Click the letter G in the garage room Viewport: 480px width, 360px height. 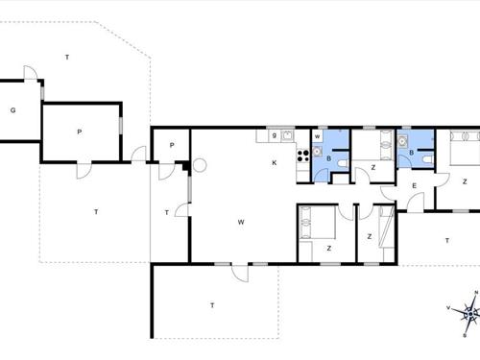pyautogui.click(x=12, y=110)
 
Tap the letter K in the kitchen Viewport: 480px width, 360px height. pyautogui.click(x=274, y=163)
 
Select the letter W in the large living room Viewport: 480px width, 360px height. pyautogui.click(x=241, y=222)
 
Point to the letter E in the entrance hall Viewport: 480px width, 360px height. pyautogui.click(x=414, y=185)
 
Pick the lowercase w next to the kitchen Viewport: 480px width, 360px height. pyautogui.click(x=316, y=137)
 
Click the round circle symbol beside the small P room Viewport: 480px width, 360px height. pyautogui.click(x=200, y=165)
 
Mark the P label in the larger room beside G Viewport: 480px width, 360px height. pyautogui.click(x=80, y=132)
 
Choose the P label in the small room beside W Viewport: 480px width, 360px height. pyautogui.click(x=170, y=145)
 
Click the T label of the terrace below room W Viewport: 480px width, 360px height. pyautogui.click(x=211, y=305)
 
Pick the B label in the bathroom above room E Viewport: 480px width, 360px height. pyautogui.click(x=410, y=152)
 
